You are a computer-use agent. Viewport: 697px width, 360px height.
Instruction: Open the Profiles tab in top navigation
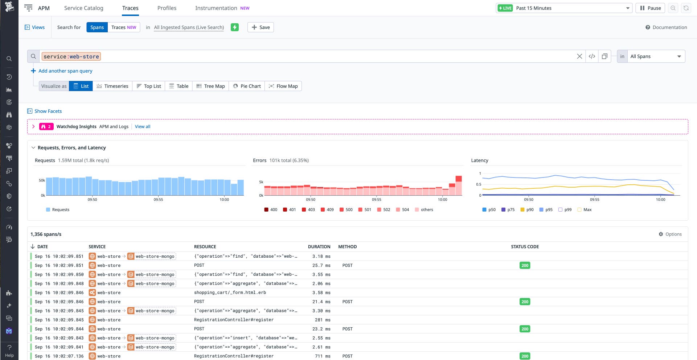pyautogui.click(x=167, y=8)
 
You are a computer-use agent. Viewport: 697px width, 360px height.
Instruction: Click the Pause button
pyautogui.click(x=650, y=8)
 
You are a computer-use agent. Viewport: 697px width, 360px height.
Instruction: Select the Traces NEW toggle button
pyautogui.click(x=124, y=27)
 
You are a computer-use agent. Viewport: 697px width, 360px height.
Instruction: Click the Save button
pyautogui.click(x=261, y=27)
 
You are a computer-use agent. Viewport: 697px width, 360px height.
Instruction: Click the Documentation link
pyautogui.click(x=666, y=27)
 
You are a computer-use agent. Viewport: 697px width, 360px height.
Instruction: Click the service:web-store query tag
pyautogui.click(x=71, y=57)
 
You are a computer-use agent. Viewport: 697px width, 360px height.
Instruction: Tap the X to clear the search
pyautogui.click(x=579, y=56)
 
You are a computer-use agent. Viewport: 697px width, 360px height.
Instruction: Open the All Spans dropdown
pyautogui.click(x=655, y=56)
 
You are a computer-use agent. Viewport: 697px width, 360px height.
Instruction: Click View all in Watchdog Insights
pyautogui.click(x=143, y=127)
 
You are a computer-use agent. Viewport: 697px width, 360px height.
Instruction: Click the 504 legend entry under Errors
pyautogui.click(x=402, y=210)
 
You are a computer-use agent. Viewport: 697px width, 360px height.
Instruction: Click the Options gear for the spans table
pyautogui.click(x=670, y=234)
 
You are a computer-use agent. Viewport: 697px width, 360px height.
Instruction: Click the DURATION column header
pyautogui.click(x=319, y=247)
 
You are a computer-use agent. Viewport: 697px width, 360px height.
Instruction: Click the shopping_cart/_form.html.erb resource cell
pyautogui.click(x=230, y=292)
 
